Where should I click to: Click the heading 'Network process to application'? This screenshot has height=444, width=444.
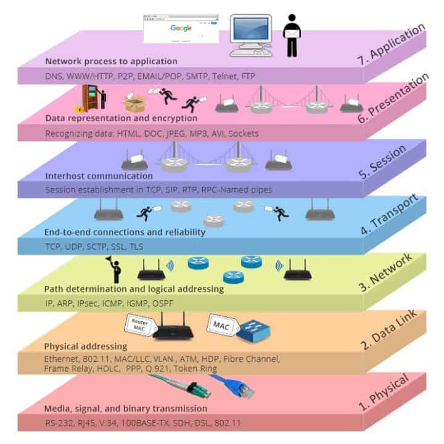[x=111, y=62]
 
